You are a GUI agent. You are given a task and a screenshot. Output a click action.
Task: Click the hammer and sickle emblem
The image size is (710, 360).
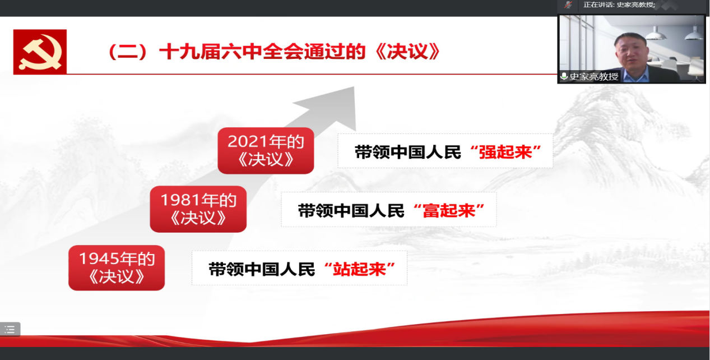40,52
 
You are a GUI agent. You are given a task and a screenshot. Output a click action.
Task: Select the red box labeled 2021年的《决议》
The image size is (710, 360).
266,151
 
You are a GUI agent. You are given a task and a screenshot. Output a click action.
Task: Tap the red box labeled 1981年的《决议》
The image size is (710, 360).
198,209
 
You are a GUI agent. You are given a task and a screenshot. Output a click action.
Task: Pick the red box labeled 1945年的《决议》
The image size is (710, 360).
117,267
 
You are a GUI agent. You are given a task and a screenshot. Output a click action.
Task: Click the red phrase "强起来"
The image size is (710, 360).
505,152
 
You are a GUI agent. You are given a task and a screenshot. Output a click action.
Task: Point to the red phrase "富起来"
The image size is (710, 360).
449,211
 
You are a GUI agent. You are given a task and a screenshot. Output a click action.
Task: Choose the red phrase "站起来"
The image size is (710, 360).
359,269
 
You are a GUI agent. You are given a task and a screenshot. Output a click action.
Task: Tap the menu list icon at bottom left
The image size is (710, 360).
10,329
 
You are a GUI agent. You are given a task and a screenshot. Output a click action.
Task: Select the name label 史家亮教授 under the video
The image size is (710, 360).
593,76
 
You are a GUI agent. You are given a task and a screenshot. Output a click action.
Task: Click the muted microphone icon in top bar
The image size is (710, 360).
568,4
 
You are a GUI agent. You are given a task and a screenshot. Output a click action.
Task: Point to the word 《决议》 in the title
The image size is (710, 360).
407,52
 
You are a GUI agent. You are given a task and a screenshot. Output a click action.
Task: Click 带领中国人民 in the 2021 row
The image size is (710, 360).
407,152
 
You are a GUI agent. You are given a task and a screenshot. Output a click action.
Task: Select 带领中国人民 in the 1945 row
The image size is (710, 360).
262,269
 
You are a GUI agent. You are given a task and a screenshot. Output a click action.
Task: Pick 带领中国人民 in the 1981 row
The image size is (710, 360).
351,211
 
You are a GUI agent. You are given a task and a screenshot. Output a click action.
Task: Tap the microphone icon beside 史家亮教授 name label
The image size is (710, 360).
564,76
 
